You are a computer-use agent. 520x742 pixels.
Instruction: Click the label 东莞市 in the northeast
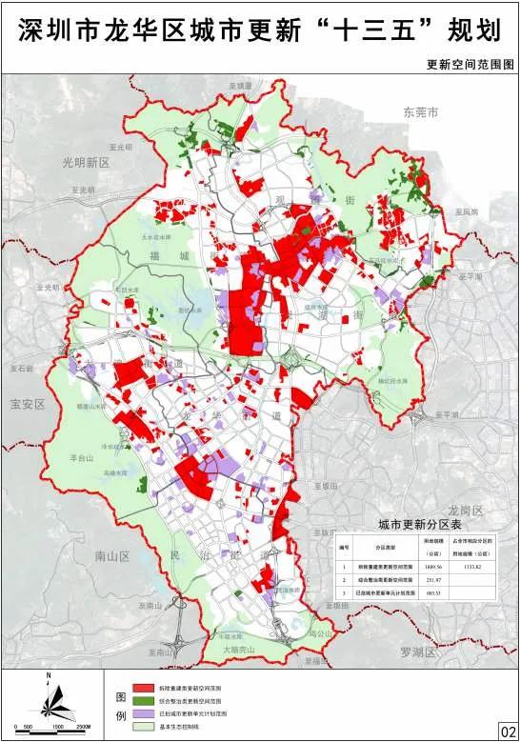click(420, 112)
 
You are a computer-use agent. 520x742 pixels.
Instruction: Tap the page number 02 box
click(507, 730)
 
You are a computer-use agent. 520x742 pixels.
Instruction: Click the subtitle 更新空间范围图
click(470, 65)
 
